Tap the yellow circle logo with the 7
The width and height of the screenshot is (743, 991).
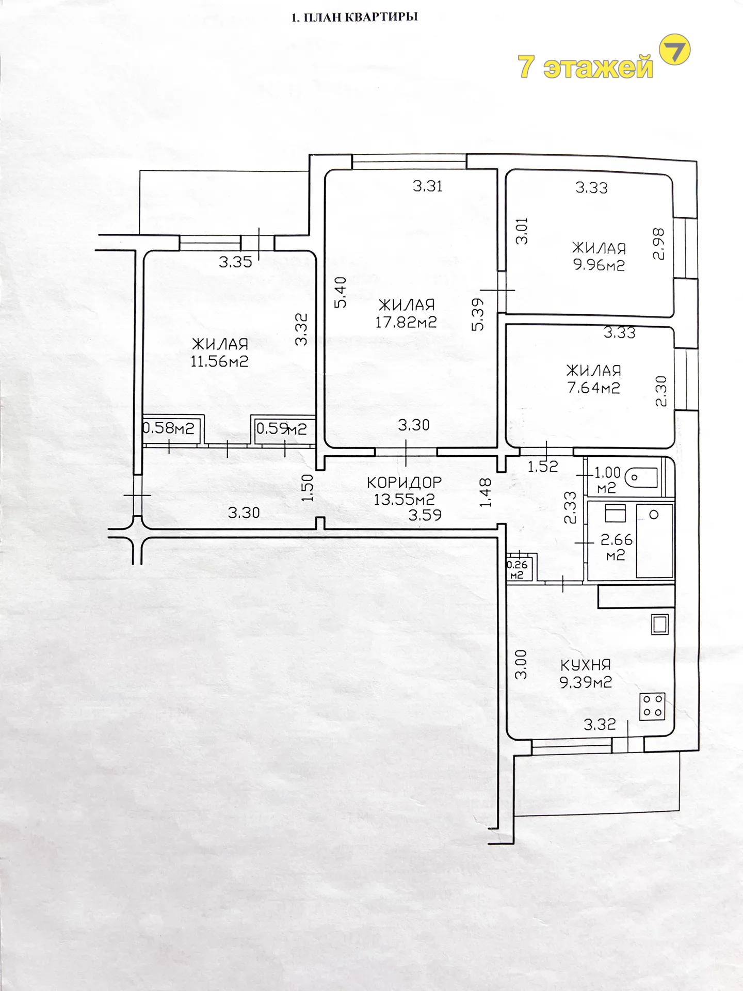click(x=675, y=50)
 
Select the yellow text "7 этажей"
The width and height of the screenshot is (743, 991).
click(x=586, y=67)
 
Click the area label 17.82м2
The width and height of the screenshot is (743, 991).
click(x=406, y=322)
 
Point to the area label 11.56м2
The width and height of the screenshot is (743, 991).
click(x=220, y=361)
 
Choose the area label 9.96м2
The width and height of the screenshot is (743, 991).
click(x=599, y=266)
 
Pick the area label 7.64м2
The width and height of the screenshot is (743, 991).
click(x=593, y=388)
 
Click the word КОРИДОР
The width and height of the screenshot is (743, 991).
click(x=405, y=482)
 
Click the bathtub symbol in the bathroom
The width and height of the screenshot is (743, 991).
click(x=655, y=540)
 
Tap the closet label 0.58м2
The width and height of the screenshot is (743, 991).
click(x=168, y=428)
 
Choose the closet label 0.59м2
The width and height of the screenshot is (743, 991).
click(x=282, y=428)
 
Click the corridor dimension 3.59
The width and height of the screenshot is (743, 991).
click(x=425, y=515)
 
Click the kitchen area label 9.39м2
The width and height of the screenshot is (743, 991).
click(x=586, y=683)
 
